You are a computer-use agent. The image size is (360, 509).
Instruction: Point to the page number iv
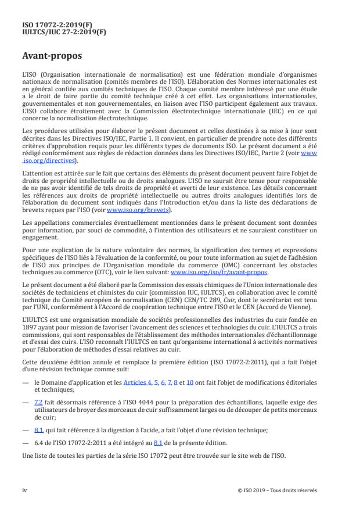[x=24, y=490]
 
